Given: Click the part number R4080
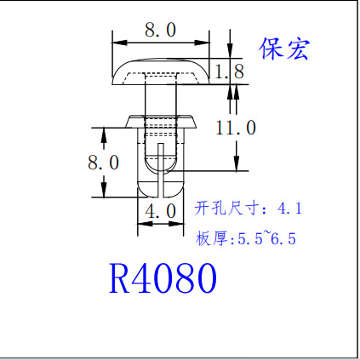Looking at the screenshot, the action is tap(163, 278).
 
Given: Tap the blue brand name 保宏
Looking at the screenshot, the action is tap(284, 49).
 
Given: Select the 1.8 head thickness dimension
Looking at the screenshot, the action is tap(229, 71).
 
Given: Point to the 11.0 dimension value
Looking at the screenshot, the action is tap(236, 128).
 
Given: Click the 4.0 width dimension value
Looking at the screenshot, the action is tap(161, 211).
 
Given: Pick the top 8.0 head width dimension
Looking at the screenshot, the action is tap(161, 30).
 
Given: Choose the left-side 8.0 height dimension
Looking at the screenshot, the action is tap(103, 163).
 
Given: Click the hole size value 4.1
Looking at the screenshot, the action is tap(289, 209).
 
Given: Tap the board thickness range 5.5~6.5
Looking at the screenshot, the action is tap(266, 238).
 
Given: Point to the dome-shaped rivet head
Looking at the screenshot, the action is tap(161, 71).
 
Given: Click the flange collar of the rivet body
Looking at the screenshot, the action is tap(161, 122).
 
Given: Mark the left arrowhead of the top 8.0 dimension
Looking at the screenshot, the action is tap(119, 43).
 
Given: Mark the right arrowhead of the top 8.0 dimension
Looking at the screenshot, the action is tap(202, 43).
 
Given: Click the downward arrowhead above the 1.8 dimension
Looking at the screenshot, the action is tap(230, 51).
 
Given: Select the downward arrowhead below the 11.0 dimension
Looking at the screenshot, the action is tap(237, 163).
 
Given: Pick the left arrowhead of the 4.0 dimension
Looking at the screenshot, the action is tap(145, 224).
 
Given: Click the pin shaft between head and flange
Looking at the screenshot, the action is tap(161, 100).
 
